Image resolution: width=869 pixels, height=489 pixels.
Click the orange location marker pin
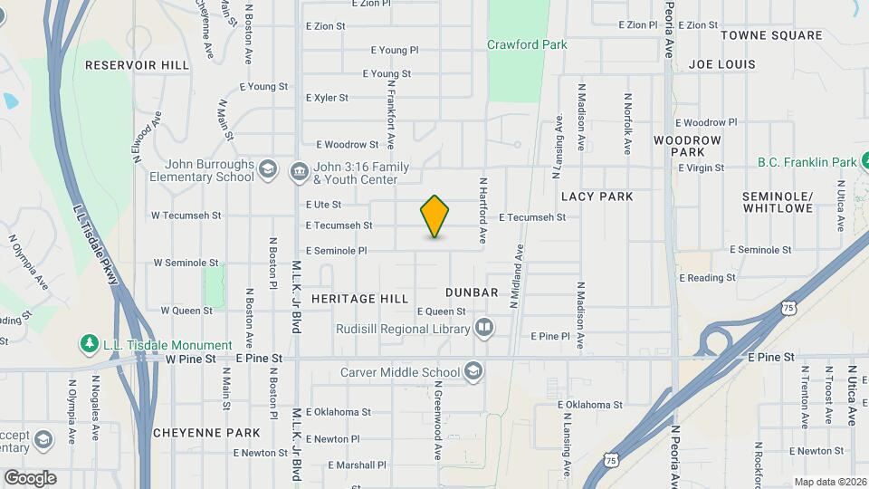pos(434,216)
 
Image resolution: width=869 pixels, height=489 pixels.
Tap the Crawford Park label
pos(527,44)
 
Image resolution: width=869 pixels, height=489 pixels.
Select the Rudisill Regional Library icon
pos(485,327)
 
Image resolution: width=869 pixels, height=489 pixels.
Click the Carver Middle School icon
pos(473,371)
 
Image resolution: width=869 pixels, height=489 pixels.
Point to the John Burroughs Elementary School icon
pos(267,170)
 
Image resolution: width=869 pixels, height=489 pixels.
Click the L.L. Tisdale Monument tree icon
pos(89,344)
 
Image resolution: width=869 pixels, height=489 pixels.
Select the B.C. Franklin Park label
pos(807,162)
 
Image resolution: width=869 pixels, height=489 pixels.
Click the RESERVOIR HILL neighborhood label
pos(138,65)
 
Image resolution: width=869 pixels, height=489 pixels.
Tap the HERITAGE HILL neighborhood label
pos(360,298)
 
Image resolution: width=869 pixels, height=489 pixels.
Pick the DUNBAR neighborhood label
pos(472,292)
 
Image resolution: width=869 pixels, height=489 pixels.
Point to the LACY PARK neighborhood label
pos(597,196)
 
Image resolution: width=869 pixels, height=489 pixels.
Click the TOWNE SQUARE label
pos(784,35)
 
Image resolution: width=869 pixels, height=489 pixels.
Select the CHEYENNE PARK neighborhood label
pos(206,432)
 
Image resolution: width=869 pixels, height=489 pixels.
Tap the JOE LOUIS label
pos(721,64)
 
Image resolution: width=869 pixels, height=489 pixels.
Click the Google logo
pos(30,477)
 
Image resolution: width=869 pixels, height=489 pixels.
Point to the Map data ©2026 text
pos(829,482)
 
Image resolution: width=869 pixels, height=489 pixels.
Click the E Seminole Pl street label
pos(337,251)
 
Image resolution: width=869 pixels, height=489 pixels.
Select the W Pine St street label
pos(190,359)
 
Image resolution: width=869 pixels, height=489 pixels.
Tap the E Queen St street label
pos(441,311)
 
